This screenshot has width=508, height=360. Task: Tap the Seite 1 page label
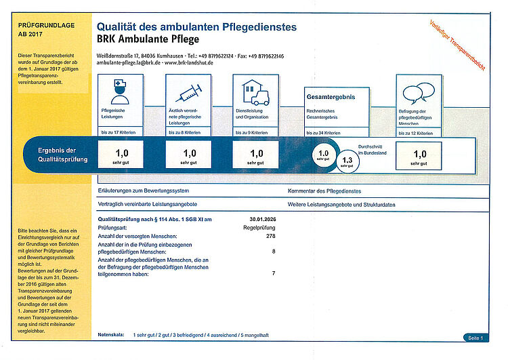click(x=473, y=337)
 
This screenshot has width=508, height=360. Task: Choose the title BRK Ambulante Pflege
click(x=146, y=39)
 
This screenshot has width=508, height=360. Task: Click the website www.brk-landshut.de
click(x=189, y=62)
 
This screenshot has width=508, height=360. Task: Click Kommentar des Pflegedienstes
click(x=326, y=192)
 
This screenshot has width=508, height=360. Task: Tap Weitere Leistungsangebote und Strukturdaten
click(x=341, y=204)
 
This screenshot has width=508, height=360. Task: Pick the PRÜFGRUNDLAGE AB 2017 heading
click(x=43, y=28)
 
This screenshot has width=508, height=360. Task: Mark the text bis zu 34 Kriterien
click(x=323, y=133)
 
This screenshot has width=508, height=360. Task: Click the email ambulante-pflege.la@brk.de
click(x=128, y=62)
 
